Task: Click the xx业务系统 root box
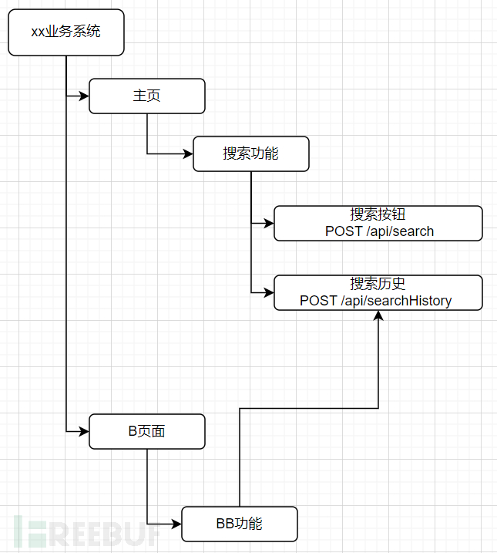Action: point(66,32)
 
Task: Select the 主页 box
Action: point(147,96)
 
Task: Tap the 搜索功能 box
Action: point(251,153)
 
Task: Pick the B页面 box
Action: point(147,431)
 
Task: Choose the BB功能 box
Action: point(240,524)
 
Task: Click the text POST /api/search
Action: point(379,231)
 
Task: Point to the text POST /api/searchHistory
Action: point(375,301)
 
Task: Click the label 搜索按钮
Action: point(378,214)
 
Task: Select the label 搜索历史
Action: point(378,284)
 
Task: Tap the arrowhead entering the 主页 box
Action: point(85,96)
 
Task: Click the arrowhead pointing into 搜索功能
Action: point(189,153)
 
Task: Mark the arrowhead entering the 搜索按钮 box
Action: point(270,223)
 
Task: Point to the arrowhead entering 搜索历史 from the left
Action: point(270,292)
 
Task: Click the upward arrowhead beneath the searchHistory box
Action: point(378,315)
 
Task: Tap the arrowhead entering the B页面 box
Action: point(85,431)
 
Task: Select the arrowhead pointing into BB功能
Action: point(176,524)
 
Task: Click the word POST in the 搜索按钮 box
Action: point(344,231)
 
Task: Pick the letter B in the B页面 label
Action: point(133,431)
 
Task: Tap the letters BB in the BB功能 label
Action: point(225,524)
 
